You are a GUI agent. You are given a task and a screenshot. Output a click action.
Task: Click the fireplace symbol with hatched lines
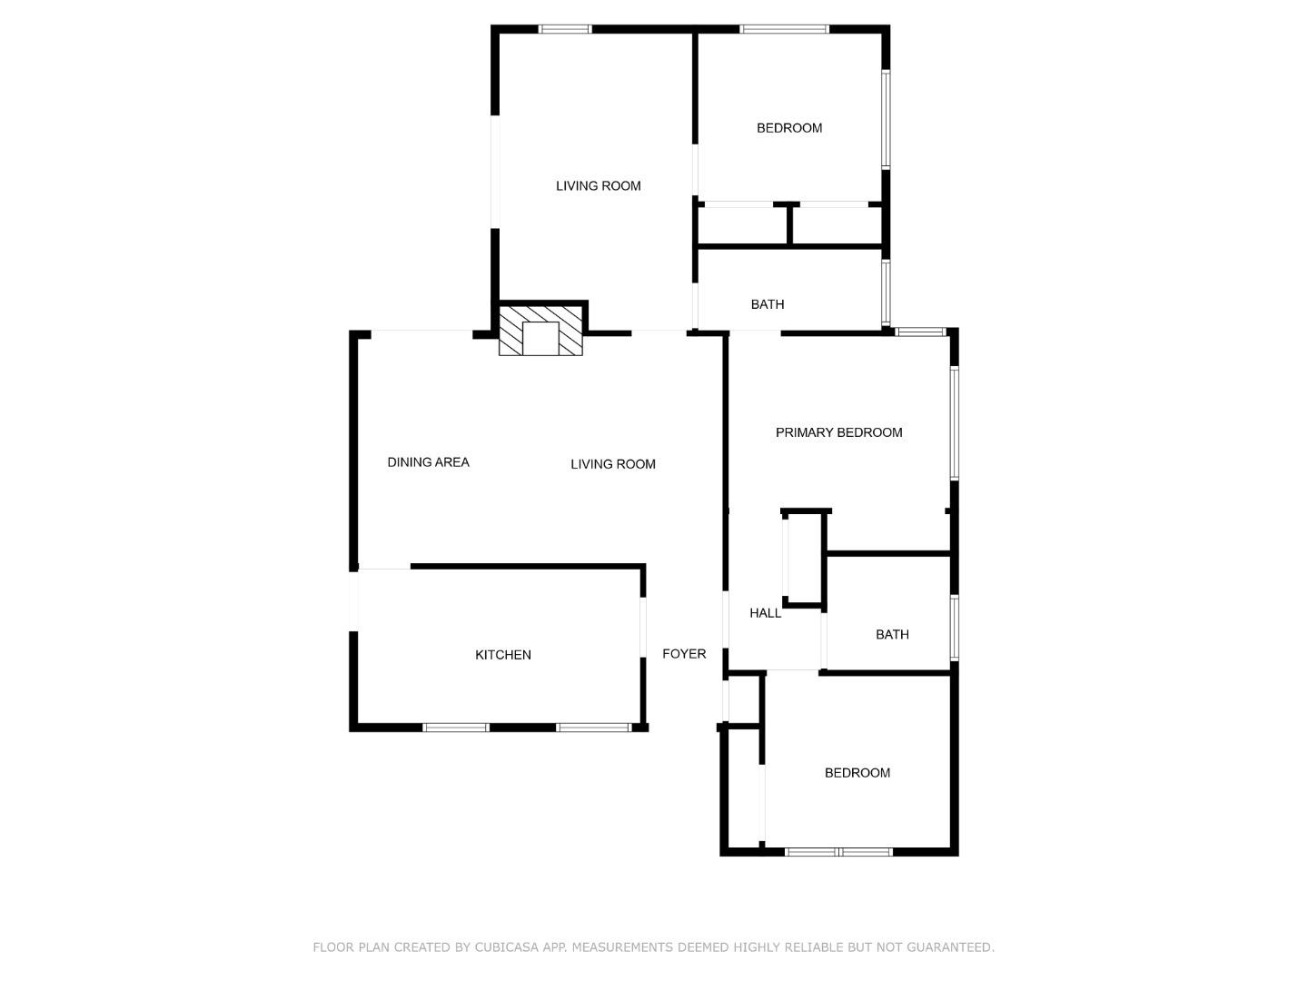click(x=540, y=331)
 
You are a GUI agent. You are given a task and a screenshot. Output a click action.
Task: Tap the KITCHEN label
click(x=503, y=655)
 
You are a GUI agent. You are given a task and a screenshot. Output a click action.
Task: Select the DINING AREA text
click(x=428, y=462)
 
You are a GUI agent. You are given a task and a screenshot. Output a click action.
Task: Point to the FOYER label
click(x=684, y=654)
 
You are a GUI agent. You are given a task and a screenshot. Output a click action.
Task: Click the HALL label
click(x=765, y=613)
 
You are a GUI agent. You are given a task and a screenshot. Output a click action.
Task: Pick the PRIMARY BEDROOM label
click(x=838, y=432)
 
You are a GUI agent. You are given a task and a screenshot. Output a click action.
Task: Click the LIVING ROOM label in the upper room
click(x=598, y=186)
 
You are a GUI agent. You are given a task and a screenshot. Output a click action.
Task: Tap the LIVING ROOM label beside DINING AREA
click(x=612, y=464)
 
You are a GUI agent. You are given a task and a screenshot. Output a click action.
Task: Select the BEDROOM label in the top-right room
click(x=789, y=128)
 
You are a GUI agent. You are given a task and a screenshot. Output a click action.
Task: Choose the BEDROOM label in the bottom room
click(x=857, y=773)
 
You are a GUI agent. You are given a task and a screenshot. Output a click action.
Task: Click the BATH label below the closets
click(x=767, y=304)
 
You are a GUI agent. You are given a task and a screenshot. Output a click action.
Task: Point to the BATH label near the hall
click(x=891, y=635)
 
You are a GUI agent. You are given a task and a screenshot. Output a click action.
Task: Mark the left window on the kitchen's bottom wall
click(x=456, y=728)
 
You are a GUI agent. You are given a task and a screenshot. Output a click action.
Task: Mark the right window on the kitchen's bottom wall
click(x=593, y=728)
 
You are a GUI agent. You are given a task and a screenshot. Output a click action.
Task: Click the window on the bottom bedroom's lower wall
click(x=838, y=852)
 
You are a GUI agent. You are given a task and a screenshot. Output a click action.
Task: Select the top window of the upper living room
click(x=565, y=29)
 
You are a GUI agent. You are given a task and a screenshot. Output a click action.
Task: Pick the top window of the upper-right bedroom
click(x=784, y=29)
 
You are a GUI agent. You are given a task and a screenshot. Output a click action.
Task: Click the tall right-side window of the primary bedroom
click(x=954, y=422)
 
